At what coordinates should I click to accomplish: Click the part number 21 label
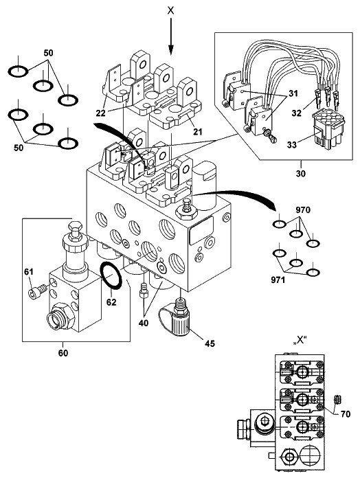pos(197,131)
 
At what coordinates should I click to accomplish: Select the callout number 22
pos(100,113)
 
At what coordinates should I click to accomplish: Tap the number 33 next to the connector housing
pos(292,145)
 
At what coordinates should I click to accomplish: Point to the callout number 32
pos(297,113)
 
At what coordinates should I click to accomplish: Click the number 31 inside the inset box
pos(293,93)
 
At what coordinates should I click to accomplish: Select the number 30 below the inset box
pos(300,173)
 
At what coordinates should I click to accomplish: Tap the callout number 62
pos(111,302)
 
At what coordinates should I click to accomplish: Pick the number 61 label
pos(29,272)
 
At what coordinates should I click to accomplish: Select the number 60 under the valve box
pos(63,353)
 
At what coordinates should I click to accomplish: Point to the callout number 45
pos(210,343)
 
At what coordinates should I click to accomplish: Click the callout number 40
pos(144,323)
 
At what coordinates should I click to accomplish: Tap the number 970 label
pos(303,210)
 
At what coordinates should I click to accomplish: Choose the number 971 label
pos(278,280)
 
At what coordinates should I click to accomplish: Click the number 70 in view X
pos(346,414)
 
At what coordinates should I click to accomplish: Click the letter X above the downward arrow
pos(170,10)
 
